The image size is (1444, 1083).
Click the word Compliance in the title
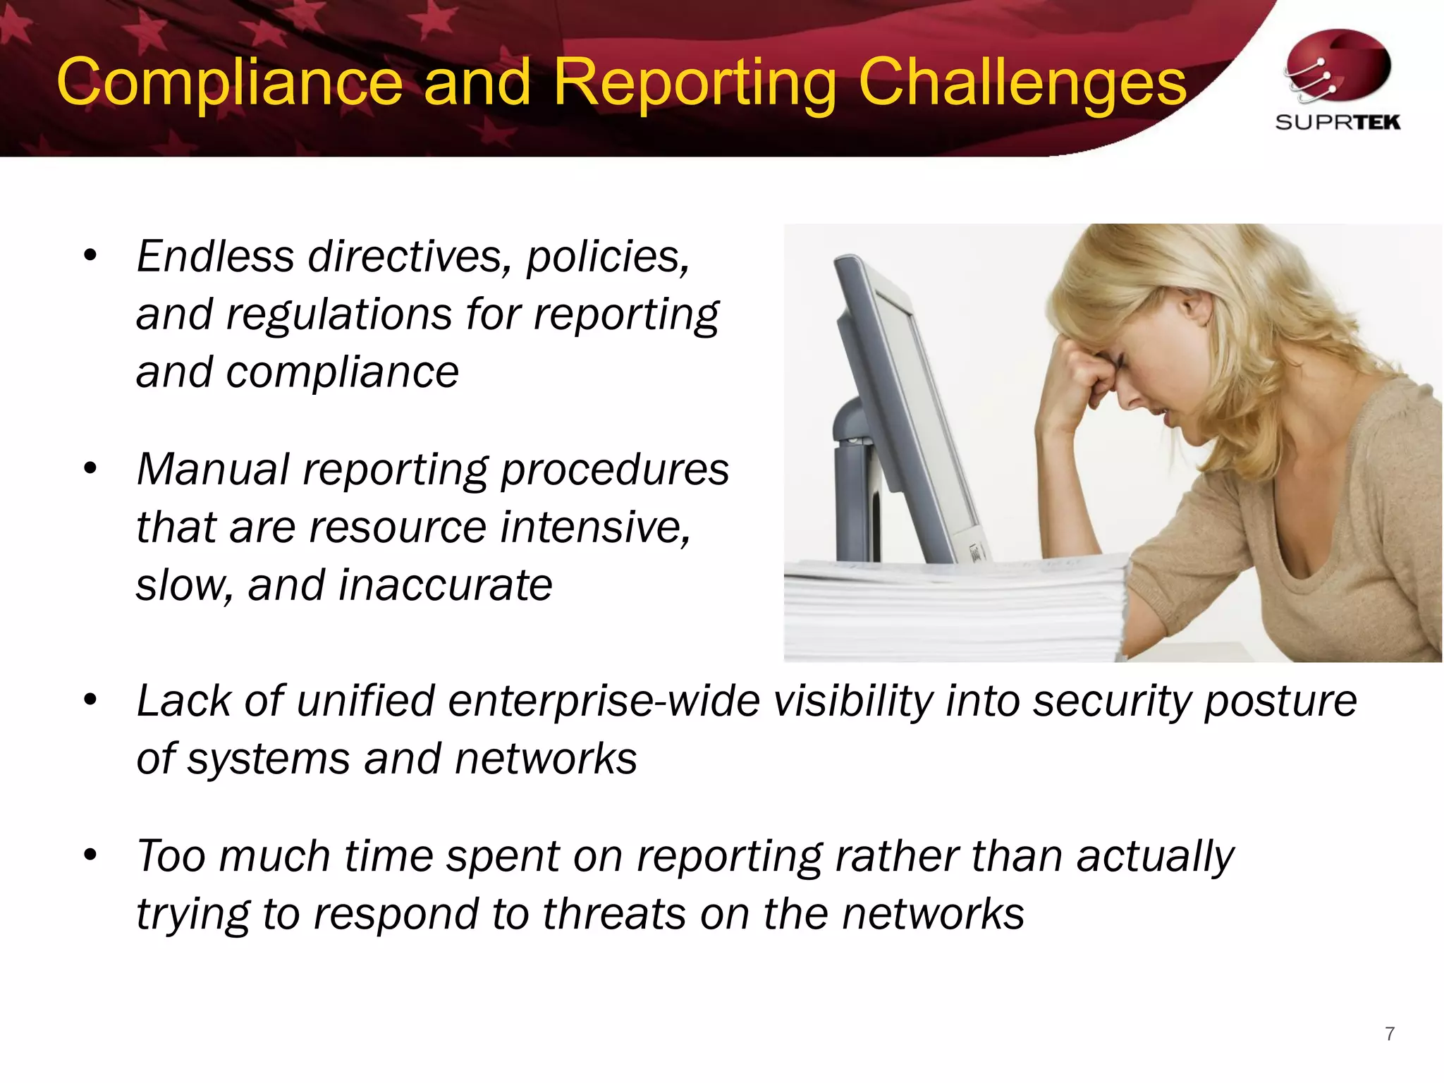click(x=229, y=83)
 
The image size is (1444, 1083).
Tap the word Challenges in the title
click(x=1022, y=83)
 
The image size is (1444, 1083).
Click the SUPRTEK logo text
click(x=1338, y=123)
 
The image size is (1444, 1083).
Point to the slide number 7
click(x=1390, y=1034)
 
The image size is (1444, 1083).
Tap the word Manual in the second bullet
click(x=213, y=470)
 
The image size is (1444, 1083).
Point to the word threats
click(x=613, y=914)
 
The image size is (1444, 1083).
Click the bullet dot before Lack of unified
click(x=90, y=700)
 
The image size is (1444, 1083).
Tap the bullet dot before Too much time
click(x=90, y=855)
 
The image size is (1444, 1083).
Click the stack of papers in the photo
click(x=952, y=606)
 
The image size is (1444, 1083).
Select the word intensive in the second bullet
click(x=594, y=527)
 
